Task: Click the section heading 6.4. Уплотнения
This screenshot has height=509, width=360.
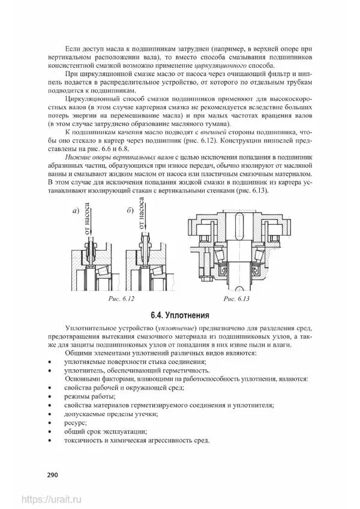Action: click(x=179, y=315)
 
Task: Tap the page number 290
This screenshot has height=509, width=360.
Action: click(x=52, y=475)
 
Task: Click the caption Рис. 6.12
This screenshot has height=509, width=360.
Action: click(x=122, y=298)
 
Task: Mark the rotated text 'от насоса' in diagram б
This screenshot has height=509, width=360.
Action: click(x=142, y=216)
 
